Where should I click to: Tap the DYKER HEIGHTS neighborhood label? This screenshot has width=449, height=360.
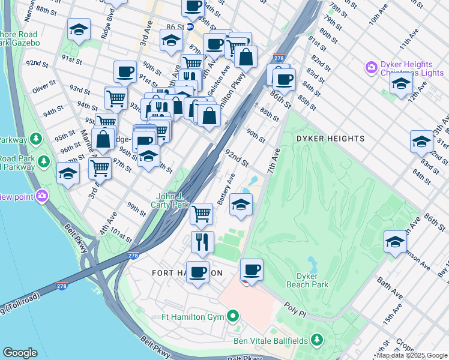(330, 139)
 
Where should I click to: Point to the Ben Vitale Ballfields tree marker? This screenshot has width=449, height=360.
(317, 341)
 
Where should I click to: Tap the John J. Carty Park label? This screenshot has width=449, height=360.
(172, 200)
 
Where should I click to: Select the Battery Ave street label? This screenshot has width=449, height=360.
(226, 188)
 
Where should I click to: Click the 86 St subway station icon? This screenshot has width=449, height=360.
(189, 27)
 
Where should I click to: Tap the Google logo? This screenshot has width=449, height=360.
(20, 353)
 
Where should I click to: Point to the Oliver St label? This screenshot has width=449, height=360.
(44, 88)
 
